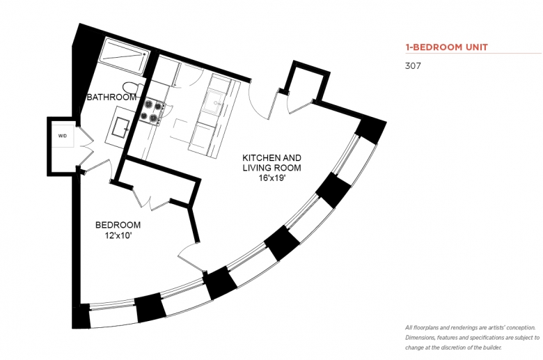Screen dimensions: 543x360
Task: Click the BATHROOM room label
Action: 111,97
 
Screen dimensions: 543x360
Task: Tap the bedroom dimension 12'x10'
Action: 118,236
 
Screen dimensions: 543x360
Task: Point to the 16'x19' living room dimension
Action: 271,179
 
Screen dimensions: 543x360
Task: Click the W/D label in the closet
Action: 63,136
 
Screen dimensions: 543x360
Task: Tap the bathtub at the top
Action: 124,56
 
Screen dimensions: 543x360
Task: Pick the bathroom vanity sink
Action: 120,127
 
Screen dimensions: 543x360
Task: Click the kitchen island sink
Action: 214,101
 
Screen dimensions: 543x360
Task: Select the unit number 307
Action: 413,65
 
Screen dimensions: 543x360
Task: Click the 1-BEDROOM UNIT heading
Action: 446,47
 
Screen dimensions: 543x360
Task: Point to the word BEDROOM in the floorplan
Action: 118,225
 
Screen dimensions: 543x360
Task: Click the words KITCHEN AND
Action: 271,157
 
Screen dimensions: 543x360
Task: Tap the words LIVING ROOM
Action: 271,168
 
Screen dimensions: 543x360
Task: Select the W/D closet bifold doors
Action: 85,146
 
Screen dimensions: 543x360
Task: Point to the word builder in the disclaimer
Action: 493,347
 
